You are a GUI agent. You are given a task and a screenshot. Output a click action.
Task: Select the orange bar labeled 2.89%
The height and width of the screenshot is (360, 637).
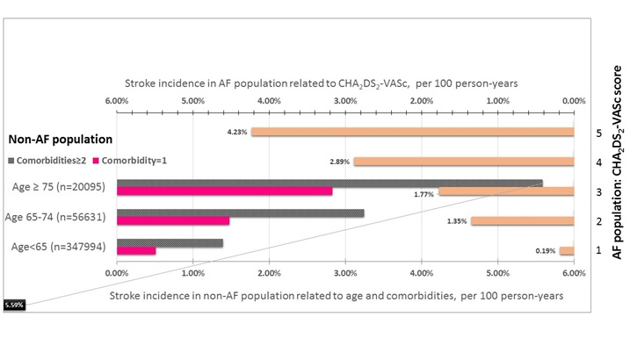pyautogui.click(x=463, y=162)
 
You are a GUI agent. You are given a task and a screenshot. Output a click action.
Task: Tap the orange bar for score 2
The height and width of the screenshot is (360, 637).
pyautogui.click(x=522, y=220)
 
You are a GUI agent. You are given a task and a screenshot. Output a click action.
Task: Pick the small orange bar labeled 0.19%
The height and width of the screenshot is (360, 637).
pyautogui.click(x=567, y=250)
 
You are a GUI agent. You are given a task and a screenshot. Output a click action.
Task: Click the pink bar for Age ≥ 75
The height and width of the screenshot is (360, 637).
pyautogui.click(x=224, y=191)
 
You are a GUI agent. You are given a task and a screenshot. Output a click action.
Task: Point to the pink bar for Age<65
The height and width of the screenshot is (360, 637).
pyautogui.click(x=136, y=250)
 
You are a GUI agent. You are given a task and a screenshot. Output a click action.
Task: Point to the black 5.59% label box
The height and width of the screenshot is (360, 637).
pyautogui.click(x=14, y=305)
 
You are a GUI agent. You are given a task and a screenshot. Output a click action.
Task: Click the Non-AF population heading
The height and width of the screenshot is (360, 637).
pyautogui.click(x=60, y=139)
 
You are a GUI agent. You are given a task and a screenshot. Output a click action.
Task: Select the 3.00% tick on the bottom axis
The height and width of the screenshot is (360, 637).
pyautogui.click(x=345, y=274)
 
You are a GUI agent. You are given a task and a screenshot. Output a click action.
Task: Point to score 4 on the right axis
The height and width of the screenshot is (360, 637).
pyautogui.click(x=598, y=162)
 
